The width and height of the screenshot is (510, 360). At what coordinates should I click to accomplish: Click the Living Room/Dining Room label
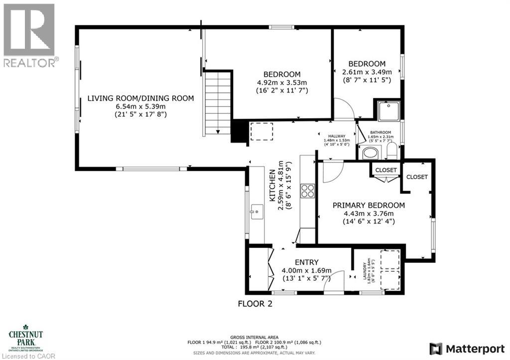point(140,98)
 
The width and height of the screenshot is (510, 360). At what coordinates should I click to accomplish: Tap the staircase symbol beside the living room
point(218,103)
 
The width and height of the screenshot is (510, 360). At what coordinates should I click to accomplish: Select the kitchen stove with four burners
point(307,191)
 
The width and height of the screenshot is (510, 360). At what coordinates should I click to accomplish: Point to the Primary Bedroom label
point(369,205)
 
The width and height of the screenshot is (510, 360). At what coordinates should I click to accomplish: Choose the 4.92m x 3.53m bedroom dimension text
point(282,83)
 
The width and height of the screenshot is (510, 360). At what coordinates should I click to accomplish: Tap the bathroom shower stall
point(388,111)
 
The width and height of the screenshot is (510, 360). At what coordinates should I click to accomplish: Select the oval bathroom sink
point(370,152)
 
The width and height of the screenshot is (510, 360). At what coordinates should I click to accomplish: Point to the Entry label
point(306,262)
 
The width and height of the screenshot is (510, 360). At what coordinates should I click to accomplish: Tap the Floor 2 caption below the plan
point(255,303)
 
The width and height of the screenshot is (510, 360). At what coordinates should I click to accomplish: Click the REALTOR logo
point(29,35)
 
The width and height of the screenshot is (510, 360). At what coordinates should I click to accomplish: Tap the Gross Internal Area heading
point(255,337)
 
